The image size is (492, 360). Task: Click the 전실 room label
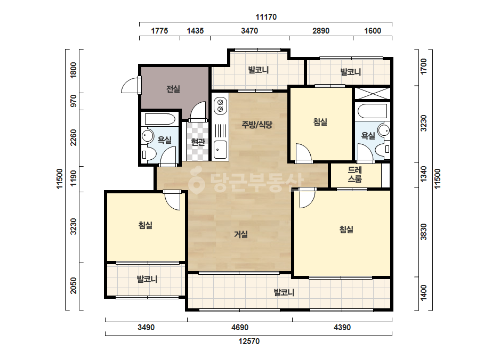173,89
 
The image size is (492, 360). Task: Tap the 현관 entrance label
198,142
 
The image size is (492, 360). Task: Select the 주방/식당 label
257,125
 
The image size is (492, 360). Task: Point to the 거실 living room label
241,234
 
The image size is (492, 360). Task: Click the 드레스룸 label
355,175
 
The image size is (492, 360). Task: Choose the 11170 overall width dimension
266,17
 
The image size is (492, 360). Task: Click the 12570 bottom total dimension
249,341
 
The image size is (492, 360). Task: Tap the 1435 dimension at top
195,31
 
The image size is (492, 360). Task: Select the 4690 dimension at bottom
240,328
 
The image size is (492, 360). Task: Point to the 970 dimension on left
74,101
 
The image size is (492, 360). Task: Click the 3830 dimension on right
424,232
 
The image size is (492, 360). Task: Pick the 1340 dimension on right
424,174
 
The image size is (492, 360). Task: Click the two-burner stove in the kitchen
220,105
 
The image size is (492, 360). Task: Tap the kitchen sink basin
220,150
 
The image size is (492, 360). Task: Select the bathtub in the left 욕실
160,119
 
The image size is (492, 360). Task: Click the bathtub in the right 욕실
372,111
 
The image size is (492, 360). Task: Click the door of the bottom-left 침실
172,200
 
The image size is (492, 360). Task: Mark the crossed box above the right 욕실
373,93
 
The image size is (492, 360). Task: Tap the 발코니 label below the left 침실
147,279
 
